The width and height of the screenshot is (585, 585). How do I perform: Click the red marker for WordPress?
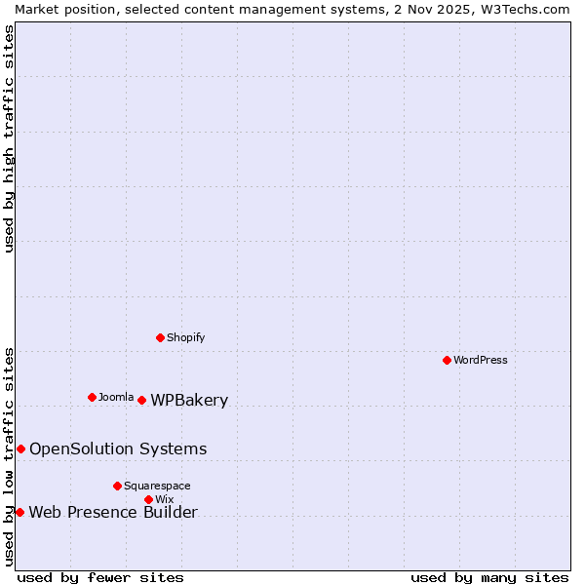tap(447, 360)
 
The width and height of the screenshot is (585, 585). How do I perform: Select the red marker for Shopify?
tap(160, 337)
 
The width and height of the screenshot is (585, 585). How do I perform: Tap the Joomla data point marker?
tap(92, 397)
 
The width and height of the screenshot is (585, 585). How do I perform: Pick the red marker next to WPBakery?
tap(141, 400)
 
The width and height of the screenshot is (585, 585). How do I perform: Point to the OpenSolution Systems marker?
tap(20, 448)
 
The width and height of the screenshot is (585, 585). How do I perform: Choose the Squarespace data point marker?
tap(117, 486)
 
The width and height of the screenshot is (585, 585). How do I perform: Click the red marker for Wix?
tap(148, 499)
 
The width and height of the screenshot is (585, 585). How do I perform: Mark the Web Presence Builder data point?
tap(19, 512)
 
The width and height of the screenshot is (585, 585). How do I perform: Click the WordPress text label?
tap(481, 360)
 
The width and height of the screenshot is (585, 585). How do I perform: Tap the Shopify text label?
tap(185, 337)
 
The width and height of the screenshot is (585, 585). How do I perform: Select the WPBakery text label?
tap(189, 400)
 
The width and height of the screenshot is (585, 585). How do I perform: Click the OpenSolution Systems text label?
tap(118, 448)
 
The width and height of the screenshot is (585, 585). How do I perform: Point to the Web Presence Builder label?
tap(113, 512)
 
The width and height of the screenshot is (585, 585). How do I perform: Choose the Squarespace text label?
tap(157, 486)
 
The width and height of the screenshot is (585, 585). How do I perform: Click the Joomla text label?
tap(116, 397)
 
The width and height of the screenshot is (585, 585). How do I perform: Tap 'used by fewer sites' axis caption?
tap(100, 577)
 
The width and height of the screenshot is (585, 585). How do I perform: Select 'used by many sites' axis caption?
tap(489, 577)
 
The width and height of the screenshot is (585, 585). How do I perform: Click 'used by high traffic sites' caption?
tap(9, 138)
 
